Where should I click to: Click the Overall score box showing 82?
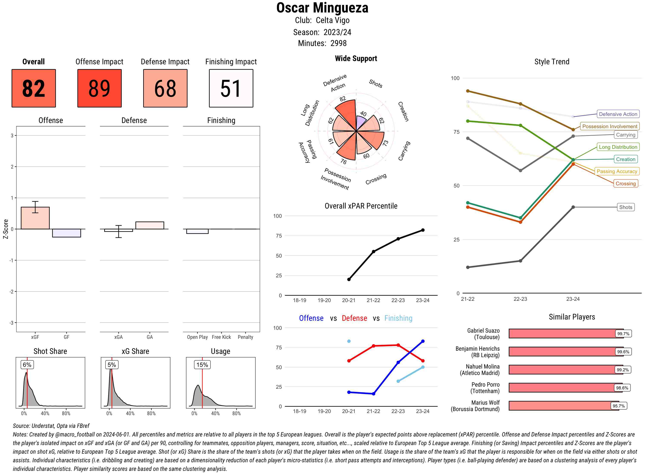click(x=34, y=88)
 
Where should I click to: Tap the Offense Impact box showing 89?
click(x=99, y=88)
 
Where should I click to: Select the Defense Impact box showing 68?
click(x=165, y=88)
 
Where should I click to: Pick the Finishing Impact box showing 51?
click(x=231, y=88)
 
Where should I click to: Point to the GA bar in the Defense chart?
click(x=150, y=225)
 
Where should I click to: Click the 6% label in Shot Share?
click(x=27, y=365)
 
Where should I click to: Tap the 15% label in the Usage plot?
click(x=202, y=365)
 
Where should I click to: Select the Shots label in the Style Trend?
click(x=625, y=207)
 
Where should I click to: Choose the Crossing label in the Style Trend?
click(x=625, y=184)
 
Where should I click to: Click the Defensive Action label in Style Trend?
click(x=618, y=114)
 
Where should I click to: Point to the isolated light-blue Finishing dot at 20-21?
click(x=349, y=341)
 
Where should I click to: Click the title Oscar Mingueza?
click(x=322, y=8)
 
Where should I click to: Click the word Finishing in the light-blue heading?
click(x=398, y=318)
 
